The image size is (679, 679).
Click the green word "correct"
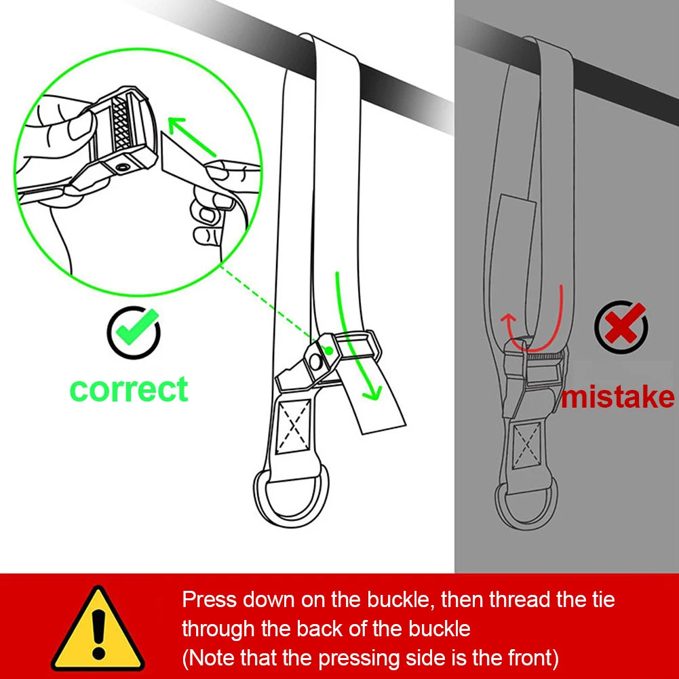tap(129, 389)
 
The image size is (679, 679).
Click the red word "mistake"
tap(617, 397)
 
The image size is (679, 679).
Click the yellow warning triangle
tap(99, 631)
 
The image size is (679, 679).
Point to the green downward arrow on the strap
tap(355, 332)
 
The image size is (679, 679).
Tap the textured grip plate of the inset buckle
tap(123, 122)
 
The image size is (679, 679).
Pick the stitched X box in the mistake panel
tap(527, 444)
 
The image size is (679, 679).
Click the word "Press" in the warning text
tap(209, 600)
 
